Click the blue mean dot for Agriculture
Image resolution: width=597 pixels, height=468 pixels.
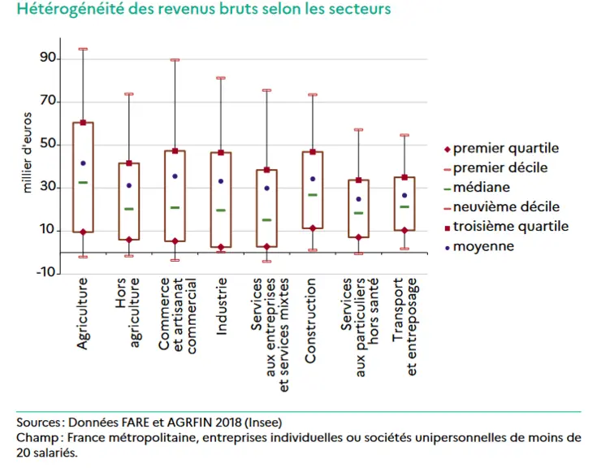[83, 163]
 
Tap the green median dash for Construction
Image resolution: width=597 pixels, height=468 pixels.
[313, 195]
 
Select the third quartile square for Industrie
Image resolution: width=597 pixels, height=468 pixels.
[221, 153]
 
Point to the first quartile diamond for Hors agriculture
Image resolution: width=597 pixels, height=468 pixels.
[129, 240]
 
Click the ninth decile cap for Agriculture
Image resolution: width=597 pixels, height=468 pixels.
[83, 49]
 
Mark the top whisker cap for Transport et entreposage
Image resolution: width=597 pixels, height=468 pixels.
[404, 135]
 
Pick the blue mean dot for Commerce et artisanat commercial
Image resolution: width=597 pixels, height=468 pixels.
[175, 176]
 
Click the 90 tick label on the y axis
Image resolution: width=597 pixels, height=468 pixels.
[48, 58]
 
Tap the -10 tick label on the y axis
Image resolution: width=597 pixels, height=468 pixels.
[45, 272]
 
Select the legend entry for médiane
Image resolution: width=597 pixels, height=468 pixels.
[477, 188]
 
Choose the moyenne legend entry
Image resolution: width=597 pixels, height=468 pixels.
[479, 246]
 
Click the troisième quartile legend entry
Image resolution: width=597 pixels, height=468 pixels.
[506, 227]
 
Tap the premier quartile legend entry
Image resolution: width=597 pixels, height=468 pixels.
[501, 148]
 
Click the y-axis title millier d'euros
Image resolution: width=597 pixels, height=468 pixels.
[27, 152]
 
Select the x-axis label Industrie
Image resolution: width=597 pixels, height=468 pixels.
[221, 306]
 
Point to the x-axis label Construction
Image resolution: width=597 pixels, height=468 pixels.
[310, 320]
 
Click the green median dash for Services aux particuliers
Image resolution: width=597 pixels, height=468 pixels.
[358, 213]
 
